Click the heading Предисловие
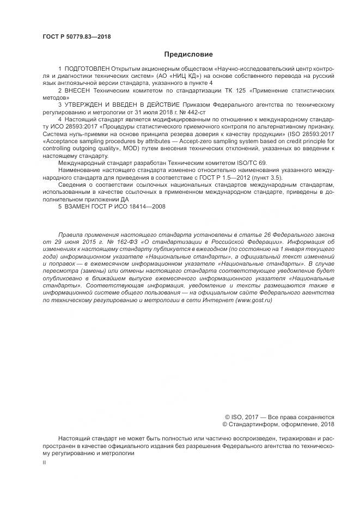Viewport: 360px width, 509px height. point(188,54)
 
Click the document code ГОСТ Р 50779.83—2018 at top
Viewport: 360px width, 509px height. point(77,36)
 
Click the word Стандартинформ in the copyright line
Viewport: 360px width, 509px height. point(257,424)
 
